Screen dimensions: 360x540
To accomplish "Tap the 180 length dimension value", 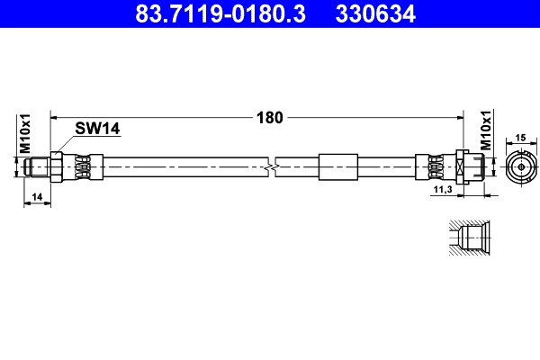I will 271,117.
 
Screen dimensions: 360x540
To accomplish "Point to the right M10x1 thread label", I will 486,131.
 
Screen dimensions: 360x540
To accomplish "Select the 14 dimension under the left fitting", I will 36,195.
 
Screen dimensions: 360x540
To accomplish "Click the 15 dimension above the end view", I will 520,137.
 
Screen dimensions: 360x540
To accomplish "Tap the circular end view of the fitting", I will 520,166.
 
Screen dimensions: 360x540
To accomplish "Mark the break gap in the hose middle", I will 272,166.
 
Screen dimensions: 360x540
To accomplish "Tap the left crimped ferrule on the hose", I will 82,166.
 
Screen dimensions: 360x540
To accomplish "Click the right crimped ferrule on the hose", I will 430,166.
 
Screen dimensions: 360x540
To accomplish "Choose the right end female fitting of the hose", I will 472,166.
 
